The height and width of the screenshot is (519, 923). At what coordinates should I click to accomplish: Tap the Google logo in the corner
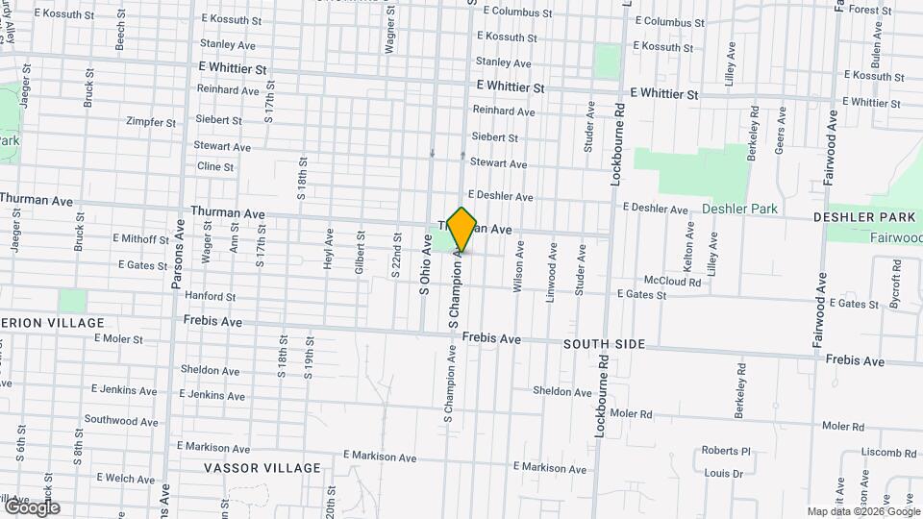coord(32,507)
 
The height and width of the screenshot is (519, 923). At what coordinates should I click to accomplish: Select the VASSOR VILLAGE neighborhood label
coord(262,468)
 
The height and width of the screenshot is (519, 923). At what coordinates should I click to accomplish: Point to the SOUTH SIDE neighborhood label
coord(604,343)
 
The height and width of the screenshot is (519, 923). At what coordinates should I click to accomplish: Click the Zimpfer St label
coord(151,123)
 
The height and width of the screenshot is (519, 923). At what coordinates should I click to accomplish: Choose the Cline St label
coord(215,166)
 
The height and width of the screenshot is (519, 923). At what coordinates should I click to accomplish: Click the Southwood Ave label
coord(121,420)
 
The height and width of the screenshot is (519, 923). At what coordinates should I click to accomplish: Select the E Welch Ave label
coord(123,479)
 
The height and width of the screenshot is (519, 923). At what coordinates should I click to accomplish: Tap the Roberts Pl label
coord(725,451)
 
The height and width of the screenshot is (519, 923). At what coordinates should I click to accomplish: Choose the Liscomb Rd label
coord(888,453)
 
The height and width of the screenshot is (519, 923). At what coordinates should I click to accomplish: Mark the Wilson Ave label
coord(519,266)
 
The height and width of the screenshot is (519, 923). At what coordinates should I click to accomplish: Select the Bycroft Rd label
coord(895,290)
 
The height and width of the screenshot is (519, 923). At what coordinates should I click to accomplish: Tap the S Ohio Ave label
coord(424,269)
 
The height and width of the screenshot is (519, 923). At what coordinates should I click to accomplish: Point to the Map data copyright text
coord(862,511)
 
